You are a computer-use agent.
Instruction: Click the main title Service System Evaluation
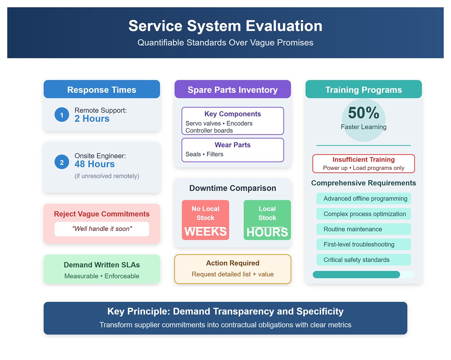click(x=225, y=26)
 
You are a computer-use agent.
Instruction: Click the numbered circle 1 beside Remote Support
click(x=62, y=115)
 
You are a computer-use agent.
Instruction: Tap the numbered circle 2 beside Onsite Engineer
click(x=62, y=162)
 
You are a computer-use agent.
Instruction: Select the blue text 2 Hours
click(x=92, y=119)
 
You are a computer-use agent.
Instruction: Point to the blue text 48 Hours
click(x=95, y=164)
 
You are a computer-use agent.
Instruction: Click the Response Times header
click(x=101, y=90)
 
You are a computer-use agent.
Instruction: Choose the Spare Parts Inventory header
click(x=233, y=90)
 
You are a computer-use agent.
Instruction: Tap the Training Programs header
click(x=363, y=90)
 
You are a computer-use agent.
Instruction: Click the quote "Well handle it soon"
click(x=101, y=229)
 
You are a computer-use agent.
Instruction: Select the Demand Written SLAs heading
click(x=101, y=265)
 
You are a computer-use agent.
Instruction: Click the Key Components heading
click(x=233, y=114)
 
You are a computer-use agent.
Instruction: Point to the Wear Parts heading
click(x=233, y=145)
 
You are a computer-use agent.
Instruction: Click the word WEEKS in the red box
click(x=205, y=231)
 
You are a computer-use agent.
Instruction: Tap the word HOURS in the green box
click(x=267, y=233)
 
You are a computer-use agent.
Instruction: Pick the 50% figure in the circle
click(x=363, y=113)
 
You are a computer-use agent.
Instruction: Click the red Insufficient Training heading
click(x=363, y=160)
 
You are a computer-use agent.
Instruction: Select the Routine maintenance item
click(x=353, y=229)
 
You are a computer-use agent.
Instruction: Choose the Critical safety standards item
click(x=357, y=260)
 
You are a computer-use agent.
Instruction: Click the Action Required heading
click(x=233, y=263)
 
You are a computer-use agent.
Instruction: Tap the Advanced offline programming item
click(x=365, y=198)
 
